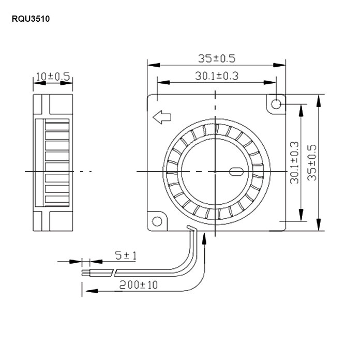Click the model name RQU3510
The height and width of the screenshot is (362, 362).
[x=31, y=19]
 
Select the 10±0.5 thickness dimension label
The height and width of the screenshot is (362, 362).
[x=53, y=77]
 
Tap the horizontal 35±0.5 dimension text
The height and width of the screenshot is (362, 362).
[x=217, y=58]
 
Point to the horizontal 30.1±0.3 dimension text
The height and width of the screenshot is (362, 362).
[x=217, y=76]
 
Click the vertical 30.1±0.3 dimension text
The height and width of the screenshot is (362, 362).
[x=294, y=163]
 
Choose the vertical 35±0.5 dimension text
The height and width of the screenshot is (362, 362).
[x=312, y=162]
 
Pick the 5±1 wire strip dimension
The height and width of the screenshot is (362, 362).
[x=126, y=255]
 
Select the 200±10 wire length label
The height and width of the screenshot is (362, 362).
[x=139, y=285]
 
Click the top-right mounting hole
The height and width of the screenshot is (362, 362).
[x=276, y=104]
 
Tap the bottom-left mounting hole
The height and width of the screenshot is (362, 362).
[x=157, y=221]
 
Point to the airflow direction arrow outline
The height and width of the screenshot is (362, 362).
[x=162, y=117]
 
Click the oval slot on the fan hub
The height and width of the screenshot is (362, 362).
[x=236, y=172]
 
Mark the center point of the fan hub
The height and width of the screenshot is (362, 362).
[x=215, y=172]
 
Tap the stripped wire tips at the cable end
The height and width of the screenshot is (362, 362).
[x=86, y=273]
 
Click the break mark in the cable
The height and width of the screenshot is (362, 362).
[x=114, y=273]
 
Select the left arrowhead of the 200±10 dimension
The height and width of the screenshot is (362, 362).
[x=92, y=291]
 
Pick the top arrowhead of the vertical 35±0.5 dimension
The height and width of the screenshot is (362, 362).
[x=319, y=101]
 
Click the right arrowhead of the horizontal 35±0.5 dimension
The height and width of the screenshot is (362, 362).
[x=279, y=65]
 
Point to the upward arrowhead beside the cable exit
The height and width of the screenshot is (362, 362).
[x=204, y=238]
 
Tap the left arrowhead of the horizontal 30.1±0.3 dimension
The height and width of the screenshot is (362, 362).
[x=164, y=82]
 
